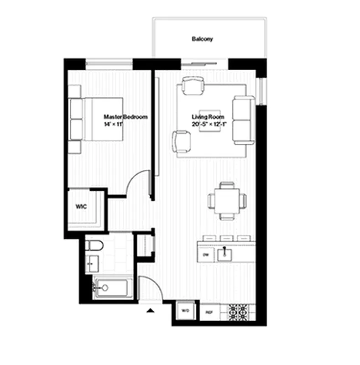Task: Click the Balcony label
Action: pyautogui.click(x=202, y=39)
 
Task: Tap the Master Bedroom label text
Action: pyautogui.click(x=125, y=117)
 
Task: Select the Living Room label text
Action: pyautogui.click(x=206, y=117)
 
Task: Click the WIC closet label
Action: pyautogui.click(x=81, y=206)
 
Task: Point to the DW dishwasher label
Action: pyautogui.click(x=205, y=255)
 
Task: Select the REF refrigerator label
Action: pyautogui.click(x=209, y=313)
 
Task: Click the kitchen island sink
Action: pyautogui.click(x=225, y=254)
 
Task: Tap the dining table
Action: pyautogui.click(x=227, y=200)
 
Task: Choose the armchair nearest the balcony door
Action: pyautogui.click(x=192, y=85)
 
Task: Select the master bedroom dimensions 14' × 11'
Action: pyautogui.click(x=114, y=124)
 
